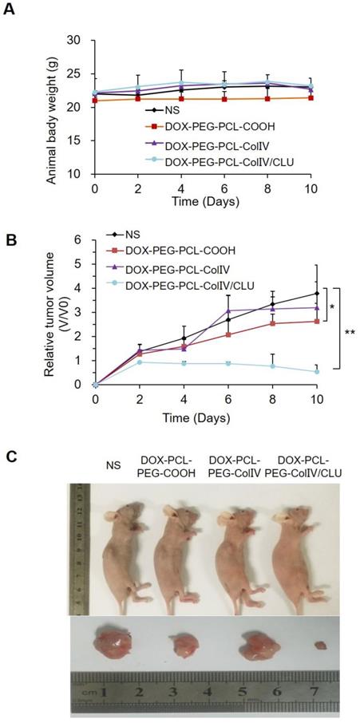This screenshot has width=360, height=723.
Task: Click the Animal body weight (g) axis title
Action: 51,106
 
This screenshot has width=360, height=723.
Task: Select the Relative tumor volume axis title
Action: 53,311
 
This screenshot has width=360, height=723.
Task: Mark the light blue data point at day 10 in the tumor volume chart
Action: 316,371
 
